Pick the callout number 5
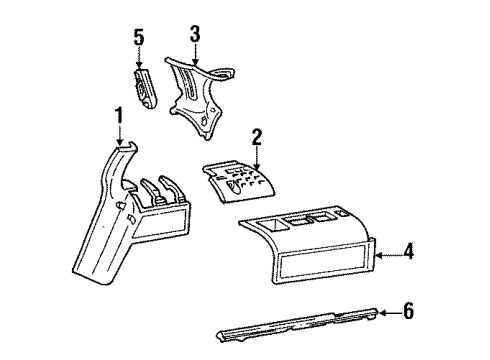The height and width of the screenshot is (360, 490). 139,41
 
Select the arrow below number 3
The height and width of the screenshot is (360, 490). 195,55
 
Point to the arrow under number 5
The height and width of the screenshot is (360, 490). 140,62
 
